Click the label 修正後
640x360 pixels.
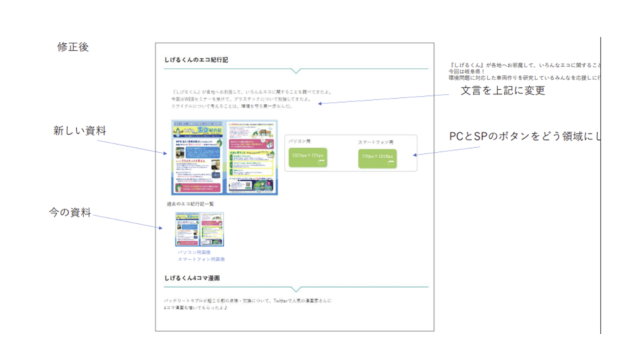[73, 47]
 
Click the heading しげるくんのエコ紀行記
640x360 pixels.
[196, 60]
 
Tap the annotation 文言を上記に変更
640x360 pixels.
[503, 91]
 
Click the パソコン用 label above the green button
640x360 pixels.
[299, 141]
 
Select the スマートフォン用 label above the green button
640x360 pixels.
[376, 142]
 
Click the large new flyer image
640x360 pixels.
[224, 157]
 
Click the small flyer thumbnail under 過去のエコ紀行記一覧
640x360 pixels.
[199, 230]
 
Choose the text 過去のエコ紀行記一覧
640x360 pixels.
[192, 203]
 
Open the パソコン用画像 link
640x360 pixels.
[194, 253]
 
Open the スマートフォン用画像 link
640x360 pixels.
[201, 259]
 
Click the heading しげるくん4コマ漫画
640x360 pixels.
[192, 277]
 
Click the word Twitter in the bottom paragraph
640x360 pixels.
[282, 301]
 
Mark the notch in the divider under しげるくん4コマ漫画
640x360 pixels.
[297, 289]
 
